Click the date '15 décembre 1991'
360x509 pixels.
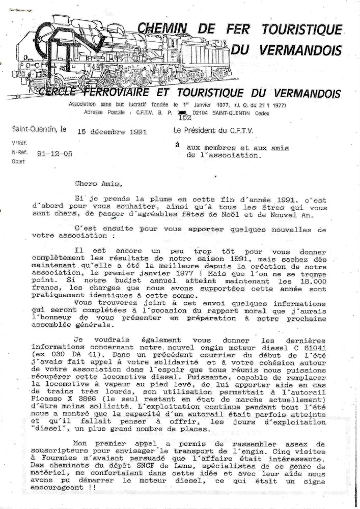[x=112, y=131]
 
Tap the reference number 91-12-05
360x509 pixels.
[x=55, y=152]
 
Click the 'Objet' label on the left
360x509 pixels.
[x=18, y=161]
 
